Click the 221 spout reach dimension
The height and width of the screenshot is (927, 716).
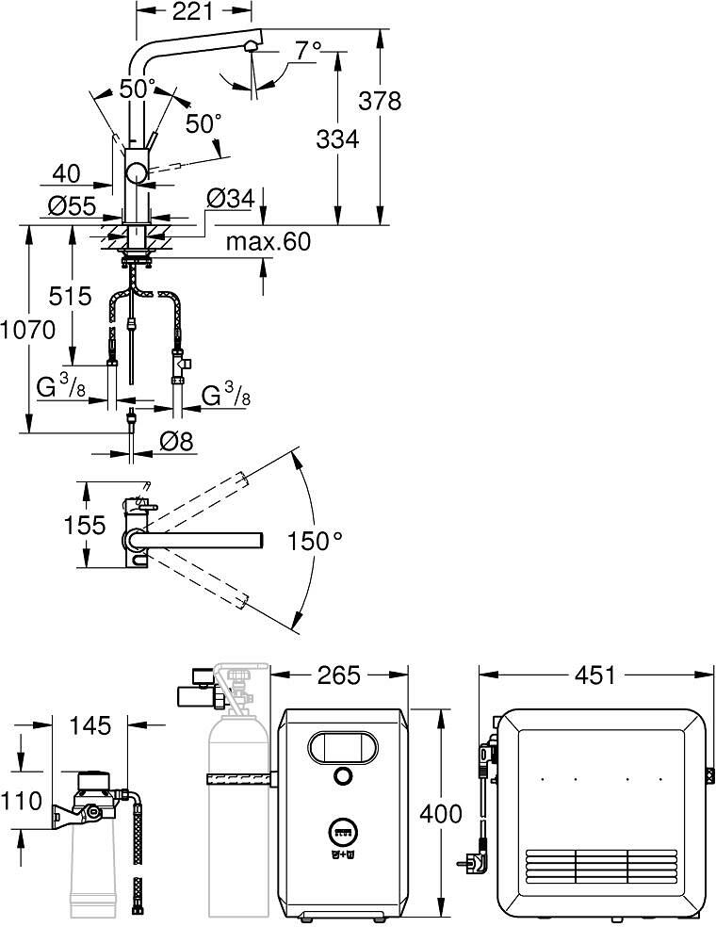tap(193, 10)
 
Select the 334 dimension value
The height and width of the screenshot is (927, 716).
tap(337, 139)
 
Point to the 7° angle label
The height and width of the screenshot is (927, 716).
tap(308, 51)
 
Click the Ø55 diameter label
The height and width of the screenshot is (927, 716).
tap(72, 206)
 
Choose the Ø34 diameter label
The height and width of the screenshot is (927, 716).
tap(231, 198)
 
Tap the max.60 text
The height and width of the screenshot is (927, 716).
tap(268, 241)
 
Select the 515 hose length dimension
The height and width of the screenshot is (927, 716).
tap(71, 296)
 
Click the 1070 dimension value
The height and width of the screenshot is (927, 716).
tap(27, 330)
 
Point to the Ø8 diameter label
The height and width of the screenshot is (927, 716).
tap(177, 441)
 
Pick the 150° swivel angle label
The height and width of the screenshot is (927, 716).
tap(315, 541)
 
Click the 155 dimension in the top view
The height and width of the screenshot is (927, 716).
tap(85, 525)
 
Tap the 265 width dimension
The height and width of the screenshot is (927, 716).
tap(339, 675)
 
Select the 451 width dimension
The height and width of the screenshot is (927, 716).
tap(594, 675)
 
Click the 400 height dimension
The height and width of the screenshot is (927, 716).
tap(441, 814)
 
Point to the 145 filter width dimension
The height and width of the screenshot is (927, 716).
tap(90, 725)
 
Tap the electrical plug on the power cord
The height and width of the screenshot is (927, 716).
tap(473, 863)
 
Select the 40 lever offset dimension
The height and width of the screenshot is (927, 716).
tap(66, 173)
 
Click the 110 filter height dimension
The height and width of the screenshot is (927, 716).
tap(22, 801)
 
